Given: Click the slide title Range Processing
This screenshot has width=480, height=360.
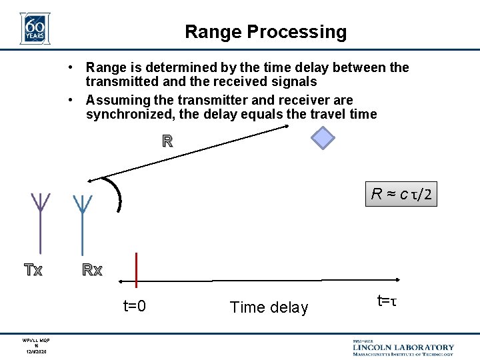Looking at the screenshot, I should tap(265, 32).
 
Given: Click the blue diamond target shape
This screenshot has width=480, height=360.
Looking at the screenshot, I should tap(323, 138).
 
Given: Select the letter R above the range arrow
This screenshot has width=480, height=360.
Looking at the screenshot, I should tap(167, 141).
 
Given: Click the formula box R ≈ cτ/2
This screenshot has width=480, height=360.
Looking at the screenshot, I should tap(402, 195).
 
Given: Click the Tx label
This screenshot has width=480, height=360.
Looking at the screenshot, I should tap(33, 271).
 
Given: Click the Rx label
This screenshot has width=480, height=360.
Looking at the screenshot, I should tap(92, 271).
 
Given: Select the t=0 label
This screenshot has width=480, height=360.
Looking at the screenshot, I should tap(135, 307).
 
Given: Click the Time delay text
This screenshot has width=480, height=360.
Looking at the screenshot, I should tap(269, 307).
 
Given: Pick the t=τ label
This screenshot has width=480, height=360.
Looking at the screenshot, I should tap(387, 301).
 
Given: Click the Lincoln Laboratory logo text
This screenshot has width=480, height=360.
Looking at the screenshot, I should tap(403, 347).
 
